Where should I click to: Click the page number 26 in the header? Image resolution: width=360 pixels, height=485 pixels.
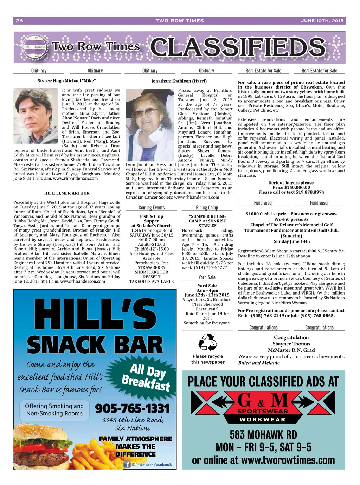click(20, 21)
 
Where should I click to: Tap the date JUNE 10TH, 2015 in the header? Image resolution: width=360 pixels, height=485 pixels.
click(322, 21)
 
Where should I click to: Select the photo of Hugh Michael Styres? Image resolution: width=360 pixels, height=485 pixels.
click(36, 116)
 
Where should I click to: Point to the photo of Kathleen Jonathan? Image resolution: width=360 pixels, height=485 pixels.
click(150, 125)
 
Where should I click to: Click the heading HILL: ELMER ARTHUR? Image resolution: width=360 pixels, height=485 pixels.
click(67, 193)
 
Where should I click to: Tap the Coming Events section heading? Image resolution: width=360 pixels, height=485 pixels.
click(152, 208)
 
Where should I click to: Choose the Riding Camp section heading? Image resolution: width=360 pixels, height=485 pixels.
click(207, 208)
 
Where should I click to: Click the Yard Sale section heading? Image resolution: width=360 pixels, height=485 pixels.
click(207, 278)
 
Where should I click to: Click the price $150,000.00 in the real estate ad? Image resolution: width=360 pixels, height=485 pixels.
click(291, 188)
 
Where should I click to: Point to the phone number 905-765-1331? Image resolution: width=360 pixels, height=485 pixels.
click(133, 408)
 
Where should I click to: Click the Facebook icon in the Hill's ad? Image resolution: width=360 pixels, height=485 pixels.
click(127, 464)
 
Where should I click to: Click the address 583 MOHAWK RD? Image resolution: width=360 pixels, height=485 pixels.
click(263, 435)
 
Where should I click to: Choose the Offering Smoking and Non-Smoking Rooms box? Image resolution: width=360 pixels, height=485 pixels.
click(54, 410)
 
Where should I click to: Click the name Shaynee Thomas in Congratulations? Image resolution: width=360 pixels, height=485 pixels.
click(291, 344)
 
